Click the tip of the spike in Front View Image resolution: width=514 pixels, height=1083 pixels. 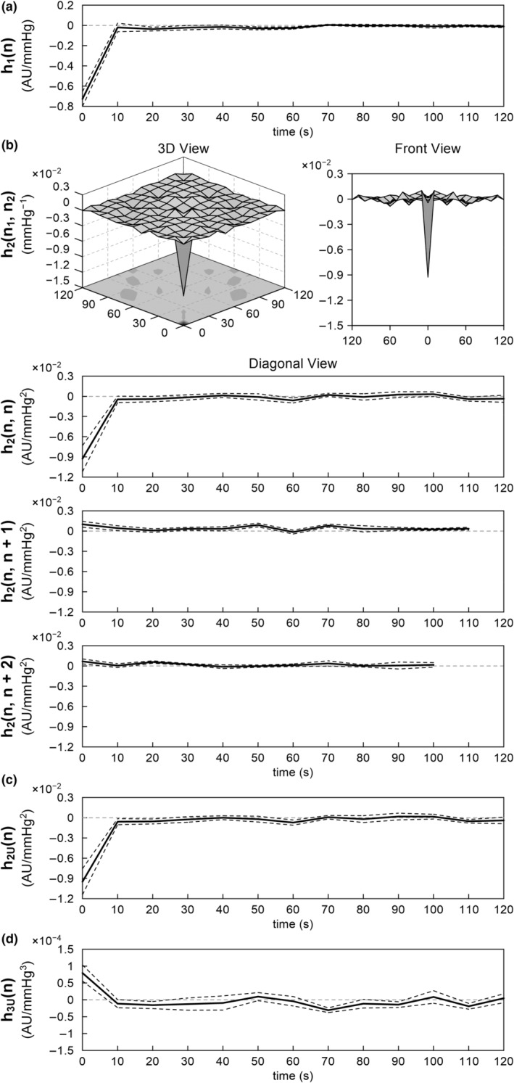[428, 277]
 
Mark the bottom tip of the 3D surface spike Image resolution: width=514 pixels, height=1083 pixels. [183, 295]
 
